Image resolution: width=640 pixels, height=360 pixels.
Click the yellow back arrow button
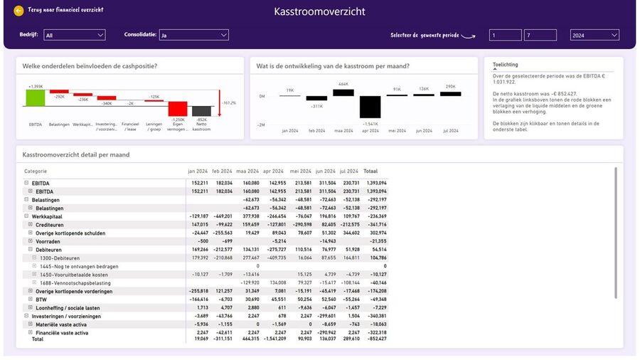(x=18, y=11)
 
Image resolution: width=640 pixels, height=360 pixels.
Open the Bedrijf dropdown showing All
(x=74, y=35)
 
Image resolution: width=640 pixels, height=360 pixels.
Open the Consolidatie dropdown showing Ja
(x=193, y=35)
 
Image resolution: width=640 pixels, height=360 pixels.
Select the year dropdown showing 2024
(x=594, y=35)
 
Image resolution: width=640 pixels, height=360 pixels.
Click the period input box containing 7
(x=540, y=35)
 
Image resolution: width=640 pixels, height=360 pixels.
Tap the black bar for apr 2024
(x=370, y=107)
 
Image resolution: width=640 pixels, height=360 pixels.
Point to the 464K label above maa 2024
(x=343, y=84)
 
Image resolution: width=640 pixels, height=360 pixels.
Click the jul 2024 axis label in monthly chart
(x=450, y=131)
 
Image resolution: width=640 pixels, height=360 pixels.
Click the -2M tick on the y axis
(x=261, y=125)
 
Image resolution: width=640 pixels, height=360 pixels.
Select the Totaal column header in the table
(x=370, y=171)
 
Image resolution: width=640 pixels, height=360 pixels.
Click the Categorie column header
(x=36, y=171)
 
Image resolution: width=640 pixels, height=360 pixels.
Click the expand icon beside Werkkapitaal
(x=26, y=216)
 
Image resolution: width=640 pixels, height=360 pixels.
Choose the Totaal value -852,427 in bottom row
(x=375, y=339)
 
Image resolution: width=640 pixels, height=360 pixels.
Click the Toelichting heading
(x=505, y=65)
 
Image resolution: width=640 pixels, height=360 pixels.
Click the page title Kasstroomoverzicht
(x=319, y=12)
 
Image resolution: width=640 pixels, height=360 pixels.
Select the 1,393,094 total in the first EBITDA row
(x=375, y=183)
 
